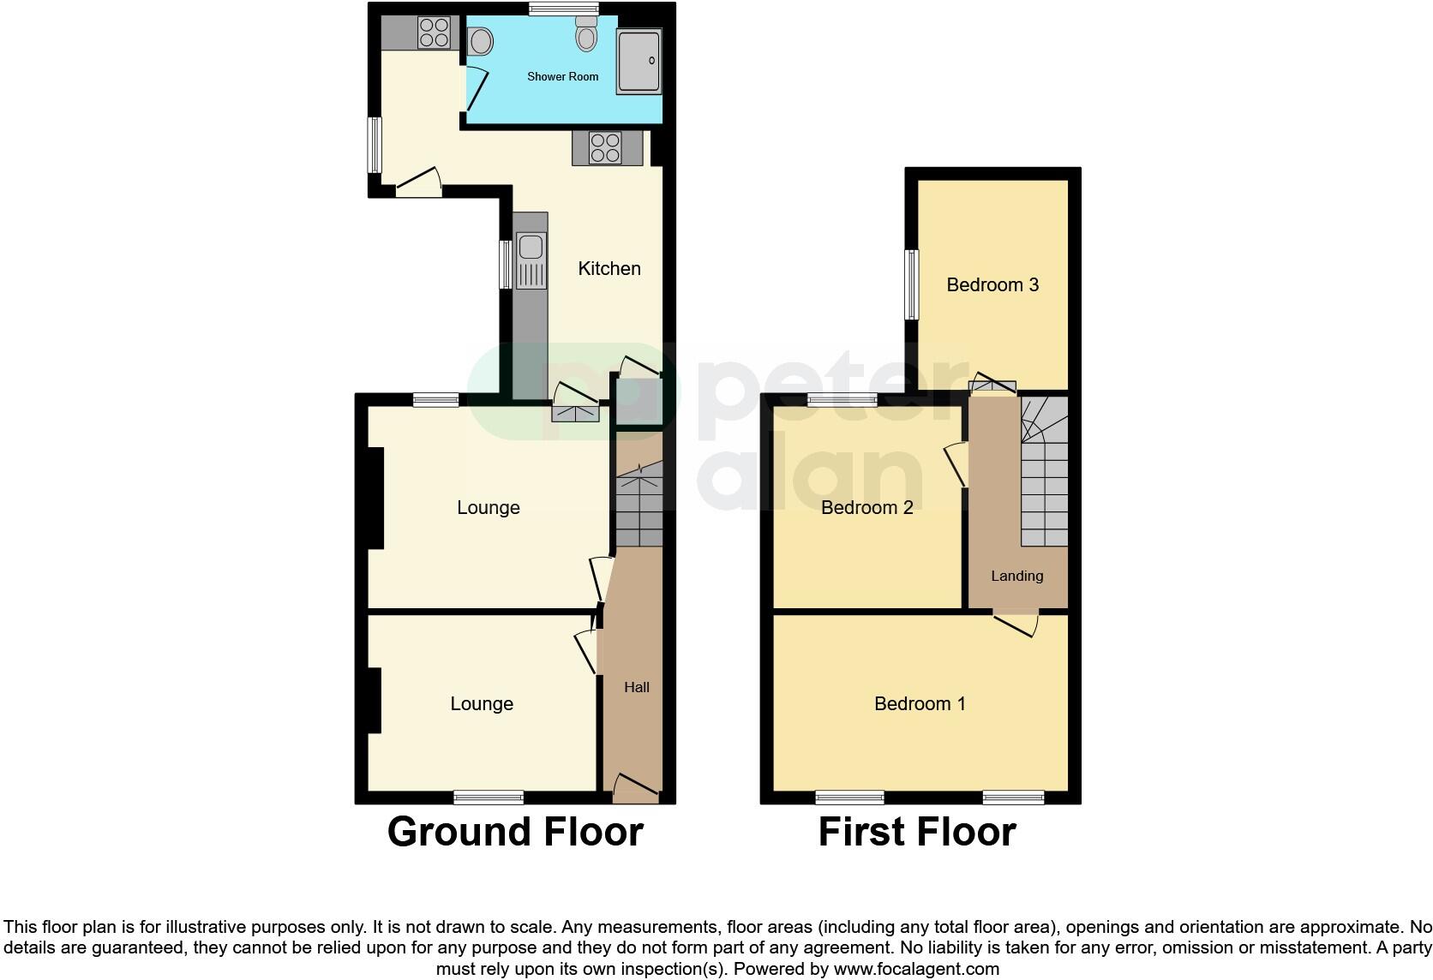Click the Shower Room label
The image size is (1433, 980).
(x=562, y=76)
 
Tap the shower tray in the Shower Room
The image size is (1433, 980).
(x=639, y=61)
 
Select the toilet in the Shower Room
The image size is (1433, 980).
(x=587, y=36)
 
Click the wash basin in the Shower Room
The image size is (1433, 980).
(x=481, y=41)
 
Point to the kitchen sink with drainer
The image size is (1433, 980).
(x=531, y=261)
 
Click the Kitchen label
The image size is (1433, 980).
(x=609, y=268)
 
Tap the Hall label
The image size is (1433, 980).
(x=637, y=687)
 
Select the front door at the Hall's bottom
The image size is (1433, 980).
(x=636, y=788)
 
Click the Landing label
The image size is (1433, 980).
(x=1017, y=576)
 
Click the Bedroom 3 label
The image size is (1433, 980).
(x=992, y=284)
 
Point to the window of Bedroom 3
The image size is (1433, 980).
(x=912, y=284)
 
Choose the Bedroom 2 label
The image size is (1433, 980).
(x=866, y=507)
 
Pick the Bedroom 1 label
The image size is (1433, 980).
(x=920, y=703)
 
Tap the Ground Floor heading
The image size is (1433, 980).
(x=515, y=831)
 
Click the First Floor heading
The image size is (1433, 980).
(x=917, y=831)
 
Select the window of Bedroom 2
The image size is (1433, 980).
(x=842, y=399)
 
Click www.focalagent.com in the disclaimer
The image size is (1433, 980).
(x=916, y=969)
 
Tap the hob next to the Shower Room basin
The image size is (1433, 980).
(x=435, y=33)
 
